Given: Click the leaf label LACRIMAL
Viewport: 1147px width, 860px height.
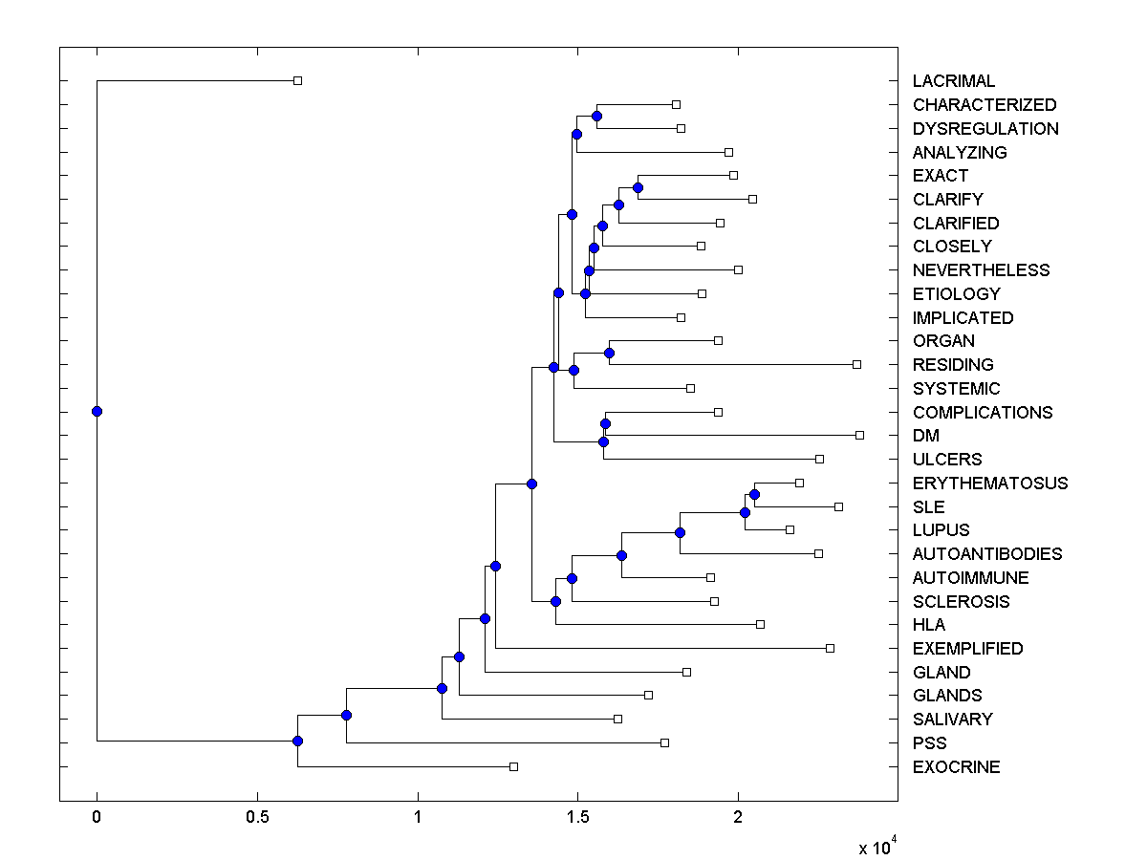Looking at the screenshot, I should click(x=953, y=81).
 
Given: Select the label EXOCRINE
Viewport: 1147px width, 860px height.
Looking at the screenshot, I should click(x=956, y=767).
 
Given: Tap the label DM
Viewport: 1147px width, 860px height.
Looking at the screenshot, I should click(x=926, y=436).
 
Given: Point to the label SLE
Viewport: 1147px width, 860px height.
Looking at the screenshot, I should click(x=928, y=506).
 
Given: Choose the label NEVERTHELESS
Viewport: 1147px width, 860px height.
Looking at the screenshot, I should click(x=981, y=270).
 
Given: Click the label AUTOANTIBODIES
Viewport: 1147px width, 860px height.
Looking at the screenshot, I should click(x=986, y=554).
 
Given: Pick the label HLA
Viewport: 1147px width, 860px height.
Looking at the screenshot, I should click(x=929, y=625).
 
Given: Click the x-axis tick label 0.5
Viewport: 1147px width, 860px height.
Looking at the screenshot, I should click(x=257, y=818).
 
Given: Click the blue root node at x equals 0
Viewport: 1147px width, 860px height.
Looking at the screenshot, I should click(x=97, y=412).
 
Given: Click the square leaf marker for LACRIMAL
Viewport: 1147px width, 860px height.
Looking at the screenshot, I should click(x=297, y=81).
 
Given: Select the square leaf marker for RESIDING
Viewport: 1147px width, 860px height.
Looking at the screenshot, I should click(x=856, y=364).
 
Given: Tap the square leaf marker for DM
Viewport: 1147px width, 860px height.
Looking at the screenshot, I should click(x=859, y=436).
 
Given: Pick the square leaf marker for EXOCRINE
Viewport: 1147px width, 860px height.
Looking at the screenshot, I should click(x=513, y=766).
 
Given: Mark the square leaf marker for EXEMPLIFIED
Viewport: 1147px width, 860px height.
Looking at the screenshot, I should click(x=830, y=648).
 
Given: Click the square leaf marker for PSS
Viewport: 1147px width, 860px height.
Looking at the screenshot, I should click(x=664, y=742).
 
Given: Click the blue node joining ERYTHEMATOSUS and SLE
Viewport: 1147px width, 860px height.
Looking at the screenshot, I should click(x=754, y=494).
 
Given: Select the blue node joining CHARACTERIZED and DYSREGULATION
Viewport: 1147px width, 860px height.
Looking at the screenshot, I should click(x=596, y=116).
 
